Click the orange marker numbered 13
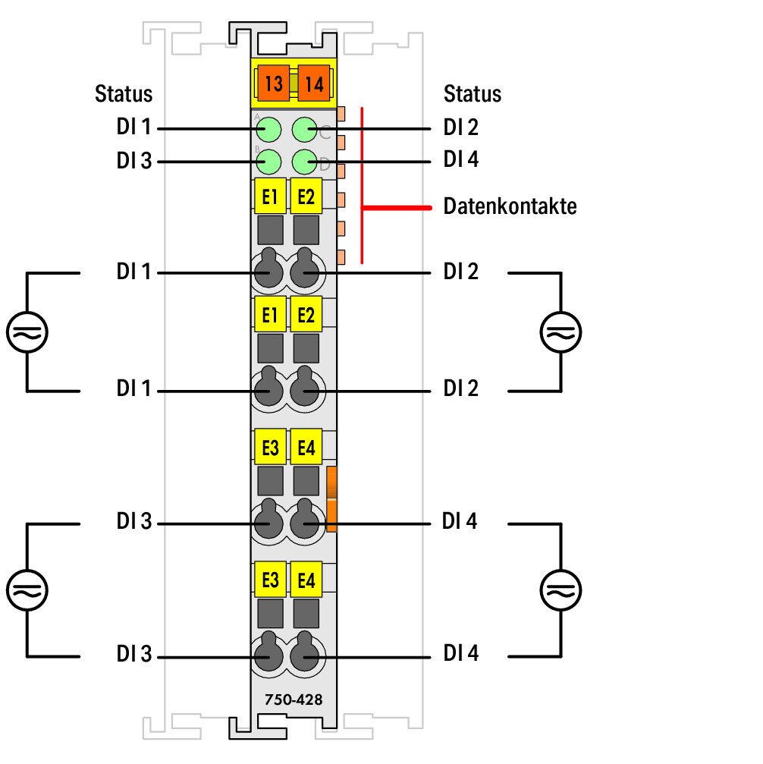click(x=273, y=83)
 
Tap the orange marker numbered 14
click(x=314, y=83)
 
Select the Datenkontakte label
click(x=510, y=206)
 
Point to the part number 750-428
click(x=294, y=700)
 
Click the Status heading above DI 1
click(x=124, y=93)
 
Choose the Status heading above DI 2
click(x=472, y=93)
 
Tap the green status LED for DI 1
click(x=268, y=130)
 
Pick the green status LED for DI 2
click(x=305, y=130)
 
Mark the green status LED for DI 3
click(x=268, y=162)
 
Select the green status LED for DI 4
click(x=305, y=162)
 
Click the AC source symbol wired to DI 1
click(x=27, y=332)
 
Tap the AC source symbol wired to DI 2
click(x=560, y=332)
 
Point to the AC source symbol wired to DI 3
click(x=27, y=590)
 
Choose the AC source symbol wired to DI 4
click(x=560, y=590)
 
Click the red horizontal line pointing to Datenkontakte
click(x=397, y=208)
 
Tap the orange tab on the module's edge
click(x=331, y=499)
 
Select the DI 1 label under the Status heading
click(x=133, y=127)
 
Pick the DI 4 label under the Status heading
click(x=461, y=159)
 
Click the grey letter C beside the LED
click(x=325, y=133)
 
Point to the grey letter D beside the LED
click(x=325, y=165)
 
